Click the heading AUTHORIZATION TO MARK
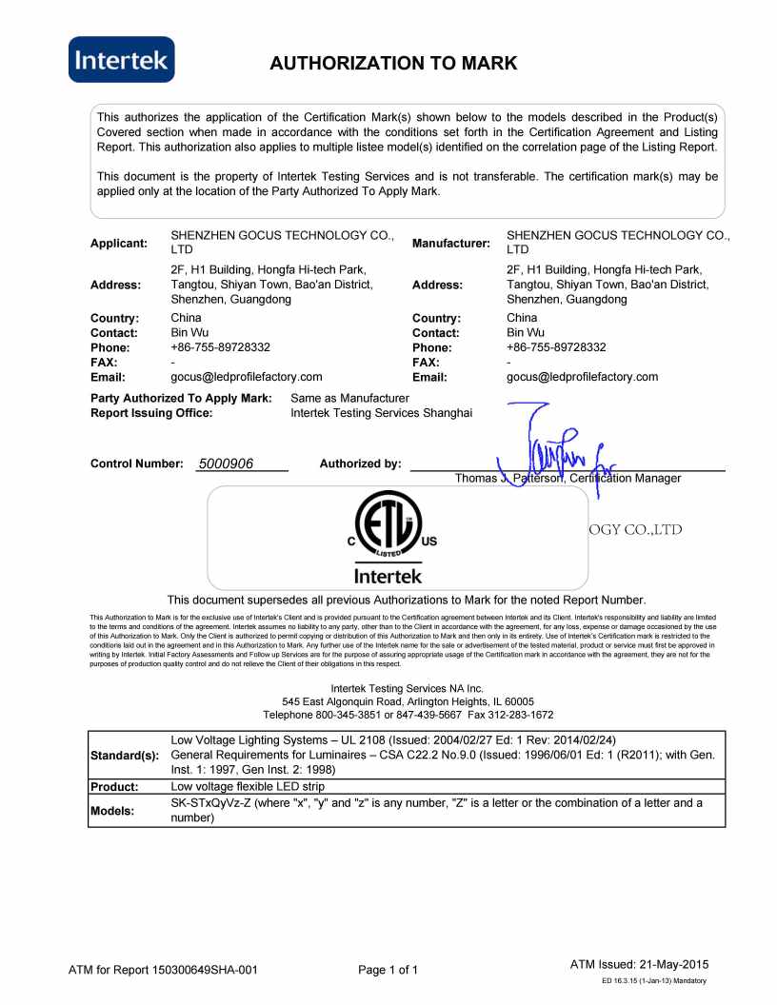click(x=393, y=64)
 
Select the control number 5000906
click(x=226, y=463)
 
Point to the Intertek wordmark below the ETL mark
click(x=388, y=576)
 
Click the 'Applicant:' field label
click(x=119, y=243)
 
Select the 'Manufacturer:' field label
click(x=451, y=244)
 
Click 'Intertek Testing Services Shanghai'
click(x=381, y=413)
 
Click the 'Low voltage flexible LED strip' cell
click(x=248, y=787)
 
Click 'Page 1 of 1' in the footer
click(x=388, y=970)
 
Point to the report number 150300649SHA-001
click(x=204, y=970)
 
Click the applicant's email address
click(x=246, y=377)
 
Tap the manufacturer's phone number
click(x=556, y=347)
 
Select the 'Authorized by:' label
click(x=361, y=463)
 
